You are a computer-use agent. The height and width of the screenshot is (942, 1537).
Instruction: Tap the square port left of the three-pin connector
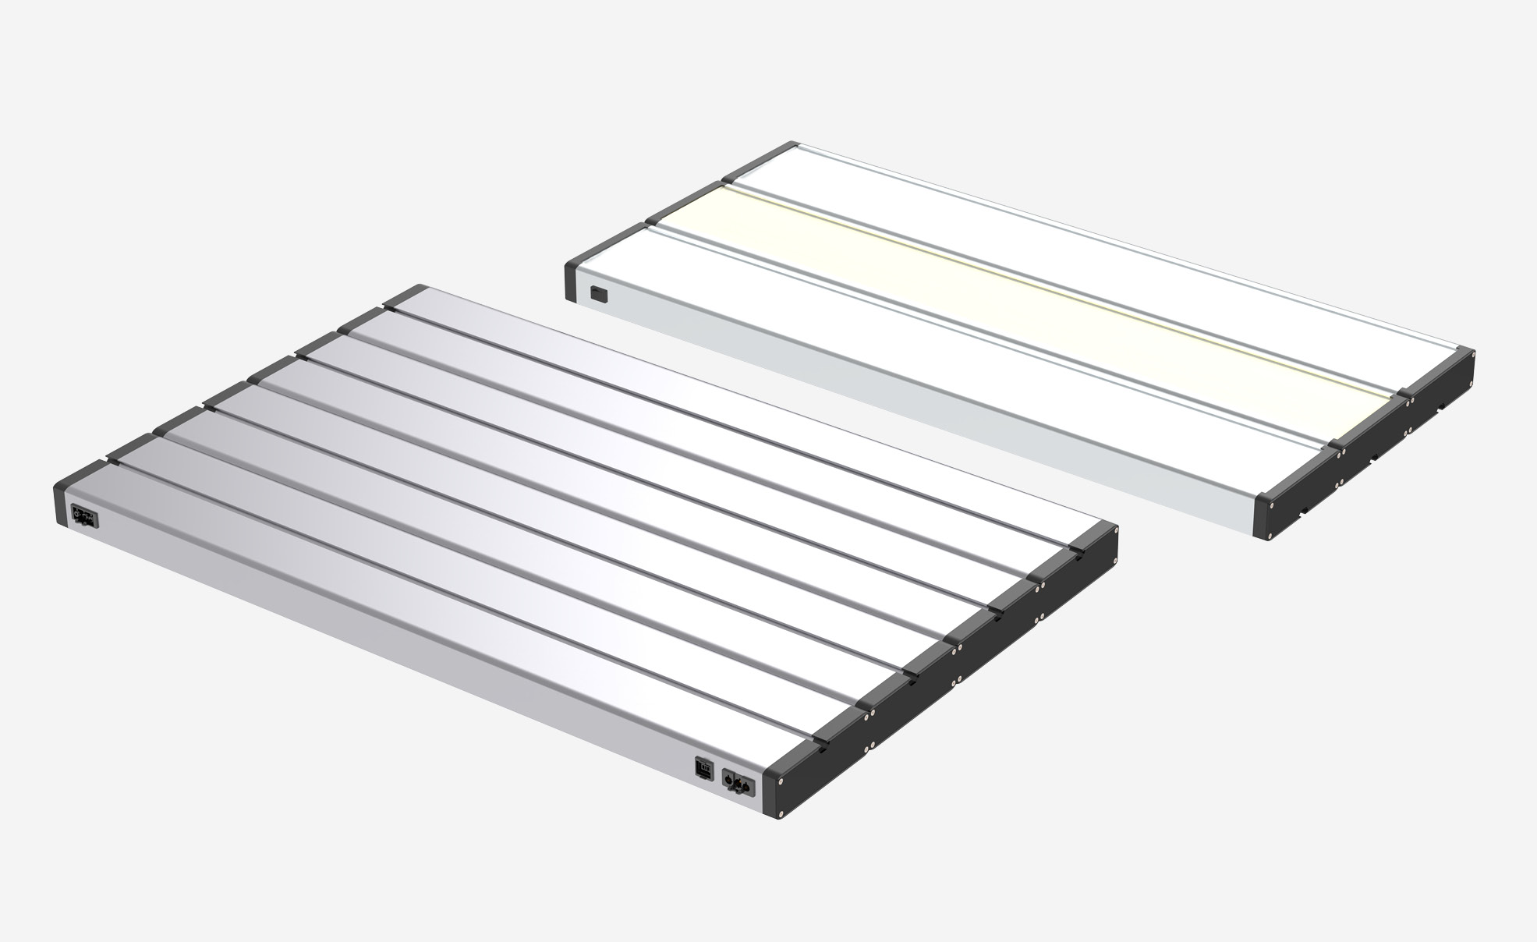(703, 769)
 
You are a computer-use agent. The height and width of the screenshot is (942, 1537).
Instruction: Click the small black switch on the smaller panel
(597, 294)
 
